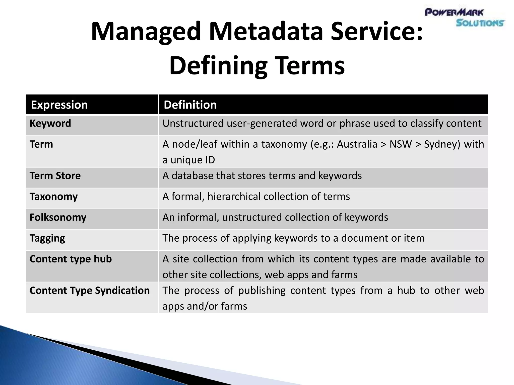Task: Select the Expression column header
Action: [x=59, y=105]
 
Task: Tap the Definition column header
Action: [x=190, y=105]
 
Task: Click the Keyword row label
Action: [x=50, y=123]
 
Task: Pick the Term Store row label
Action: [x=55, y=176]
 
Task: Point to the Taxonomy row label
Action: [x=53, y=197]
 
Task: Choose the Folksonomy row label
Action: [x=58, y=217]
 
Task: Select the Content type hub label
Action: [x=71, y=259]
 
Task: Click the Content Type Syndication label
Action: [x=90, y=291]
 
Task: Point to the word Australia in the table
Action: [x=357, y=144]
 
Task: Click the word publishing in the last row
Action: [x=262, y=291]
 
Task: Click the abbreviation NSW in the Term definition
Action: [x=401, y=144]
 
